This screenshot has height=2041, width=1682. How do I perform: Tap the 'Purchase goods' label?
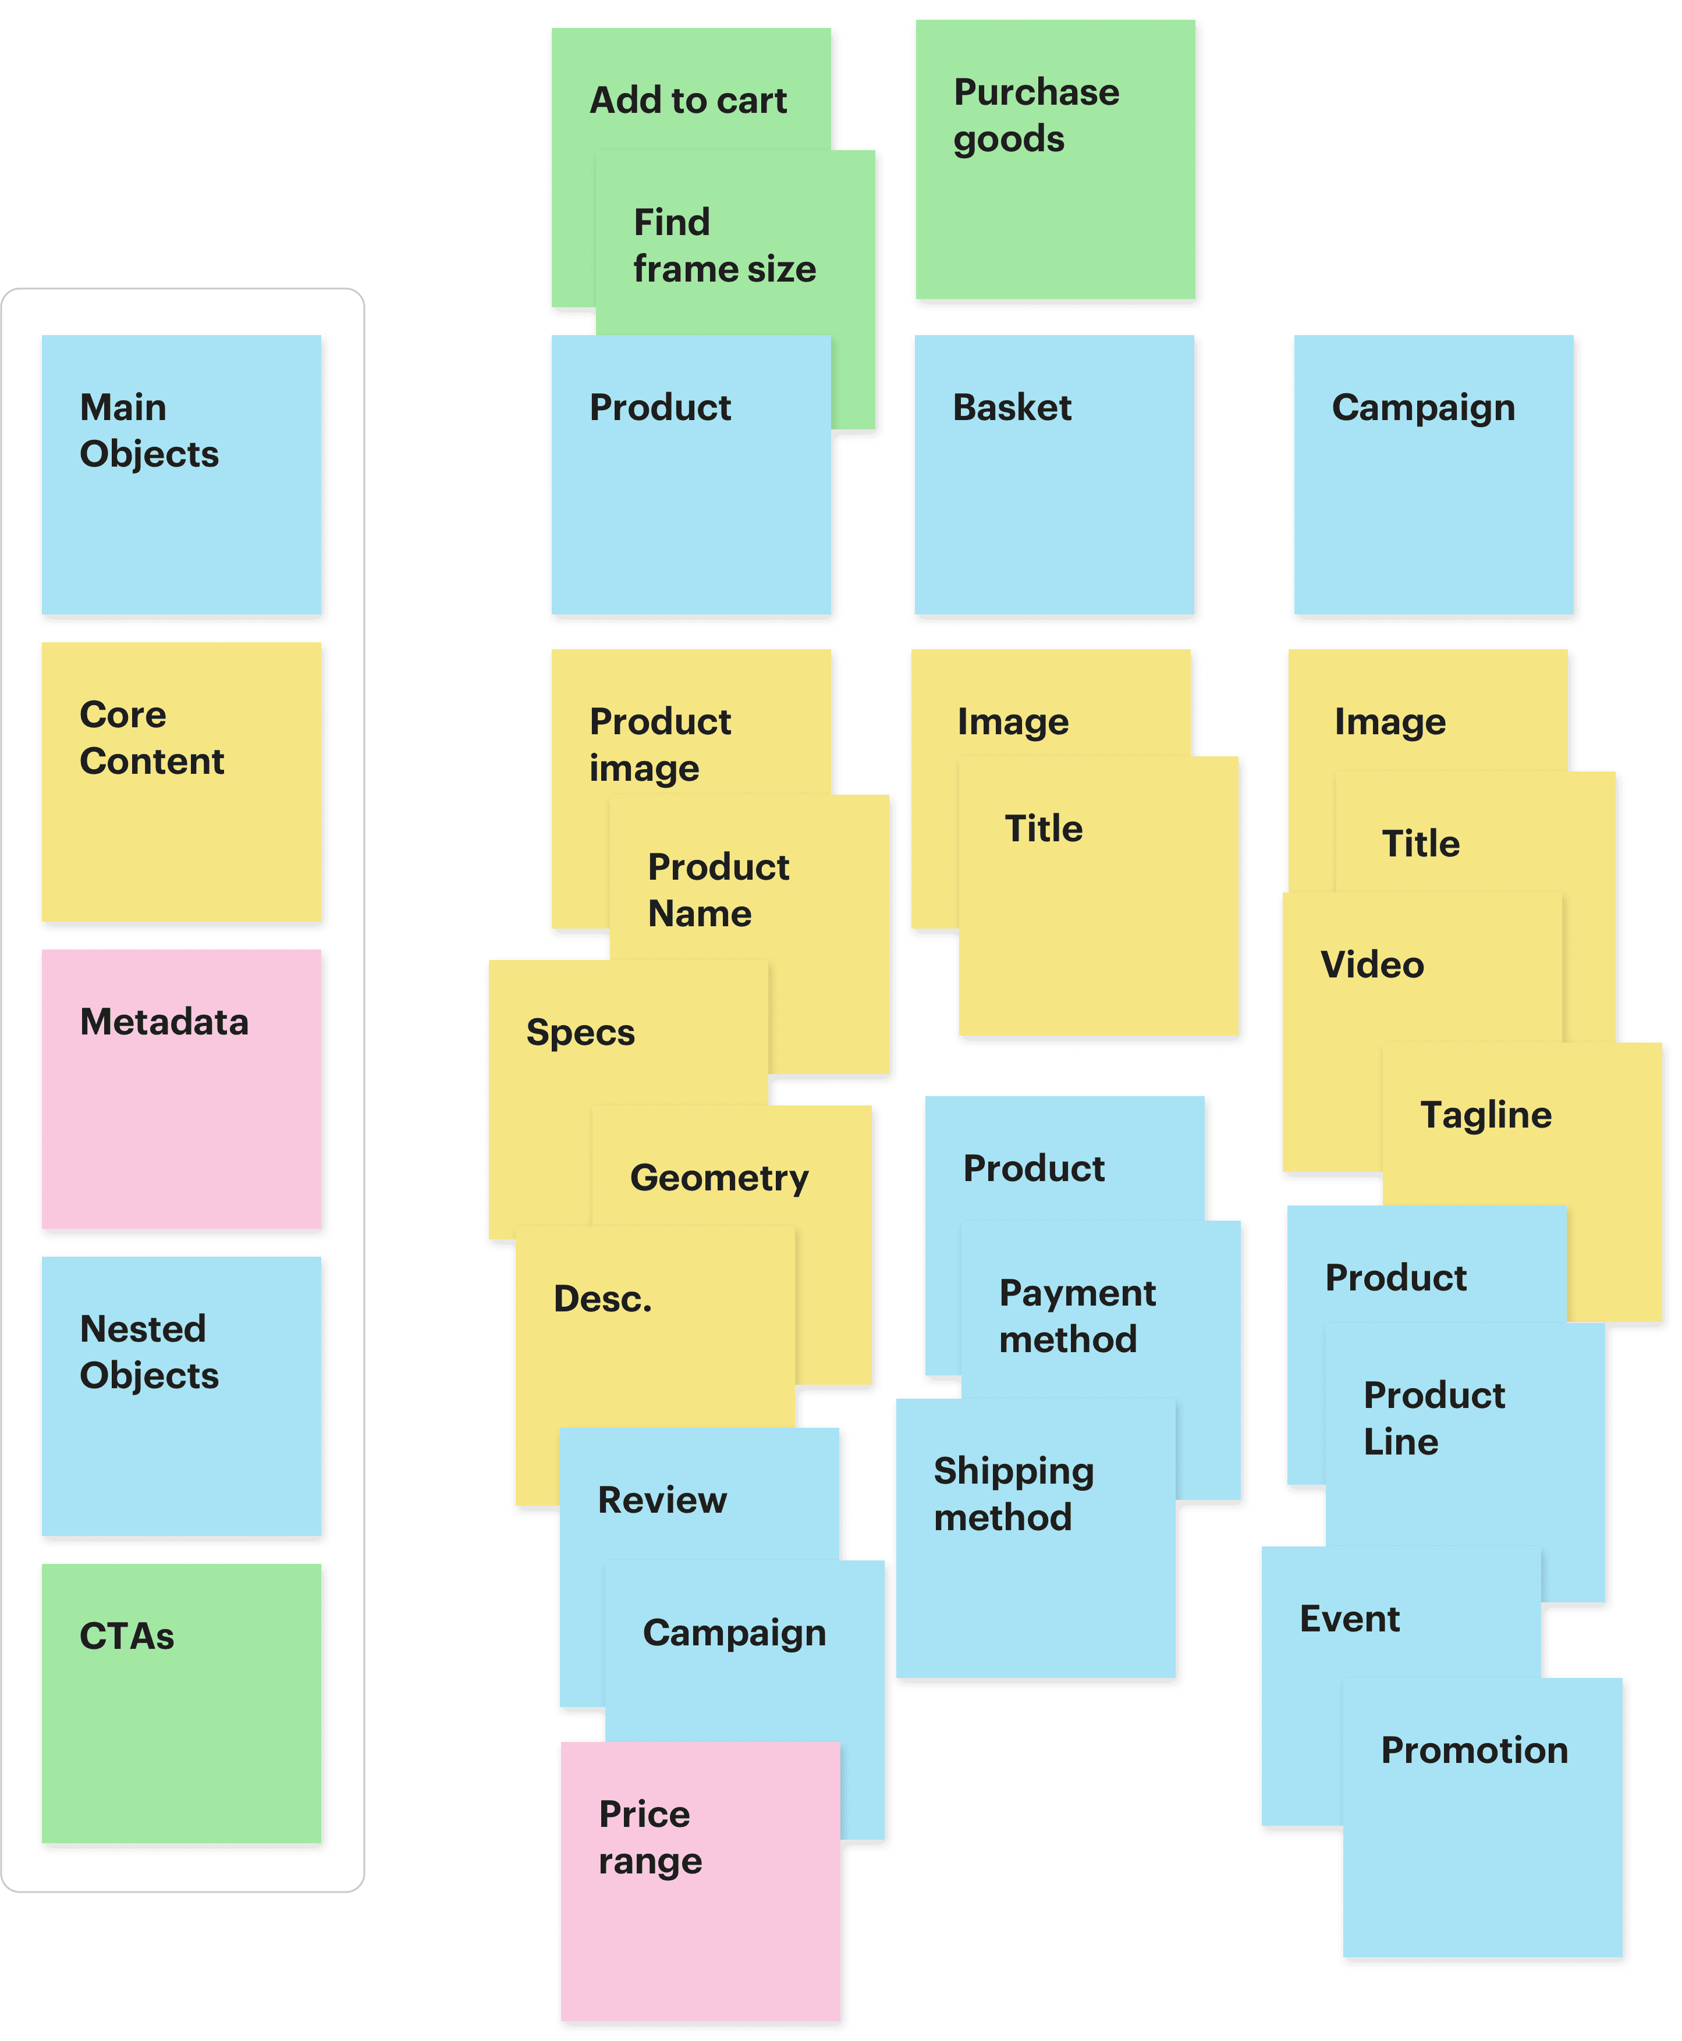pyautogui.click(x=1036, y=115)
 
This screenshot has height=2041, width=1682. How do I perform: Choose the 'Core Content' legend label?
pyautogui.click(x=152, y=738)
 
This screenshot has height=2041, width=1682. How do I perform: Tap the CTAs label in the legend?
pyautogui.click(x=127, y=1636)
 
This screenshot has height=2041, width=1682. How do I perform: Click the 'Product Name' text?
pyautogui.click(x=718, y=890)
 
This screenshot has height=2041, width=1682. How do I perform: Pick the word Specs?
pyautogui.click(x=580, y=1033)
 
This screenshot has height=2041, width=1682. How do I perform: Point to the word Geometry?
pyautogui.click(x=719, y=1178)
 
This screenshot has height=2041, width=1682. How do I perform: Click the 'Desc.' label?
pyautogui.click(x=602, y=1299)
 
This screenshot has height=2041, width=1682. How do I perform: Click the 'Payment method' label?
pyautogui.click(x=1077, y=1317)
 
